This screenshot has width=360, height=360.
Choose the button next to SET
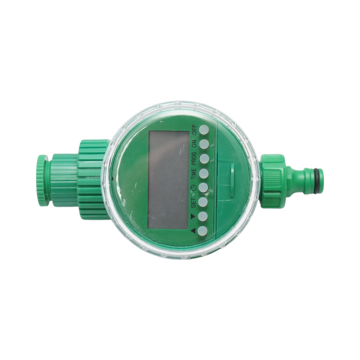click(x=203, y=202)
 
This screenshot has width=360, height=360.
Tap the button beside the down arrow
click(x=203, y=216)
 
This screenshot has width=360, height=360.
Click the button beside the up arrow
click(x=203, y=231)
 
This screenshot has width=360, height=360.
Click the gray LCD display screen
click(x=169, y=180)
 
